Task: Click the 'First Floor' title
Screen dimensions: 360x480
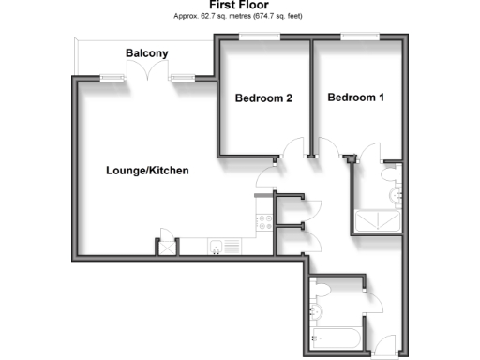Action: [x=239, y=5]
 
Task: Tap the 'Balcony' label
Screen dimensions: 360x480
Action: [x=147, y=53]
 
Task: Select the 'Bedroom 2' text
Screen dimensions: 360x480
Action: [x=263, y=97]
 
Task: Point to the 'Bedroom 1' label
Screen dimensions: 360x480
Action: [x=355, y=97]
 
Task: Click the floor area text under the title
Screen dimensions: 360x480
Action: [x=239, y=16]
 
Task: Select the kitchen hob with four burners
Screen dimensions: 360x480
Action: [x=263, y=222]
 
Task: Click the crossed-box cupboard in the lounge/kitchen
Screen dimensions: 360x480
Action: [x=167, y=247]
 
